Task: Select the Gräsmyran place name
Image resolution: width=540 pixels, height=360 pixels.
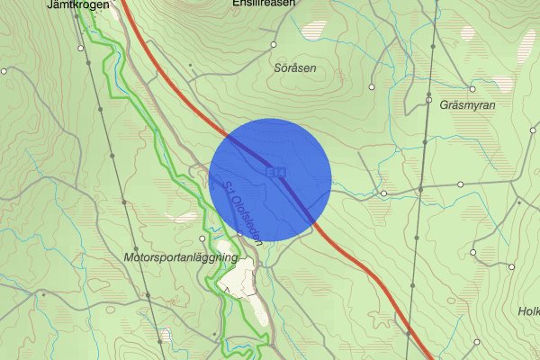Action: (x=469, y=104)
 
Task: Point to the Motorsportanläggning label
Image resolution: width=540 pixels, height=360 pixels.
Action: (x=180, y=257)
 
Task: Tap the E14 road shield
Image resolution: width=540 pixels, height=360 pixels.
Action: (x=272, y=170)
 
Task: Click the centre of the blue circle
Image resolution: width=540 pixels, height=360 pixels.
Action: (x=270, y=180)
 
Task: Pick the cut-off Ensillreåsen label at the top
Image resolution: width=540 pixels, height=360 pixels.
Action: (x=263, y=4)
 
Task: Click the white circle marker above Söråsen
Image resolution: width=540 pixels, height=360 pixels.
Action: (x=272, y=44)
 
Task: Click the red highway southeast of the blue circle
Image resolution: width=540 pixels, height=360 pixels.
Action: (x=369, y=270)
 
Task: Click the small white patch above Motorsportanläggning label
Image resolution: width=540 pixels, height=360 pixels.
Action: (x=184, y=217)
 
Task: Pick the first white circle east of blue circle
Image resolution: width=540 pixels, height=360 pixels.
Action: (x=383, y=193)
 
